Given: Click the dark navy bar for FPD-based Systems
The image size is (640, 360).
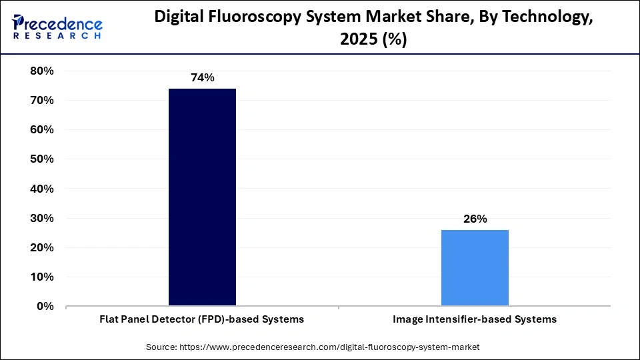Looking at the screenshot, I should click(x=202, y=197).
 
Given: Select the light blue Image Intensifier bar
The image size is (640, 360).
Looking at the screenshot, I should click(x=475, y=268).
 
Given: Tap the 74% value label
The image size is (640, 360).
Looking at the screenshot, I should click(x=202, y=78).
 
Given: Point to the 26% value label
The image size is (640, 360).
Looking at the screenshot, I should click(x=475, y=219).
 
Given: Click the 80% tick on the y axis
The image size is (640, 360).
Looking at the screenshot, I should click(x=42, y=71).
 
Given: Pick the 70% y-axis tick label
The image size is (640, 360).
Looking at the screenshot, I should click(x=42, y=100).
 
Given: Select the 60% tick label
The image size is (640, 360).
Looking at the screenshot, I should click(x=42, y=129).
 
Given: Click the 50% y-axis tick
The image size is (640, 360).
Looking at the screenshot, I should click(x=42, y=159).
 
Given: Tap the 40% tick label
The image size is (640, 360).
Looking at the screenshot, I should click(x=42, y=189).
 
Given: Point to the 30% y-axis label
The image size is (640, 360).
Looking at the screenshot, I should click(x=42, y=218).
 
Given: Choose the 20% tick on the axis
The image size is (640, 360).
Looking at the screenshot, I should click(x=42, y=247).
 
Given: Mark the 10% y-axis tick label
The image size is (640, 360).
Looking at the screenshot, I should click(x=42, y=277).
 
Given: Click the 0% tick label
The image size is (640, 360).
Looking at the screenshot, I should click(x=45, y=306).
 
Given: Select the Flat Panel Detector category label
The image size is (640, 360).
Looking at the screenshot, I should click(x=202, y=319).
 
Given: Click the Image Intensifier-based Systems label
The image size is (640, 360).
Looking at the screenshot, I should click(x=475, y=319).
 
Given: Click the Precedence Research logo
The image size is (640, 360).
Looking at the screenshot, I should click(x=57, y=27).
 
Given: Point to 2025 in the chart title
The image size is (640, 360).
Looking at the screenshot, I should click(x=359, y=39).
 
